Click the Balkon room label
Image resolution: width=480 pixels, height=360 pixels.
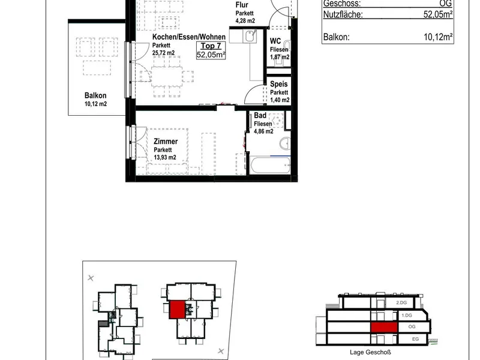point(95,95)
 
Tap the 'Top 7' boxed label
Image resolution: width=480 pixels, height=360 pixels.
point(211,46)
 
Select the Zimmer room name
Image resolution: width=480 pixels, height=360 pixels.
point(166,142)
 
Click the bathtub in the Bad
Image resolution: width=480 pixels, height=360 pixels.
point(271,166)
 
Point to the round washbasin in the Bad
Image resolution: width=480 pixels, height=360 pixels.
point(285,143)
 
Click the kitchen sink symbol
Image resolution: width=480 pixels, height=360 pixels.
point(250,37)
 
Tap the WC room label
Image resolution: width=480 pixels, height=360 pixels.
point(275,41)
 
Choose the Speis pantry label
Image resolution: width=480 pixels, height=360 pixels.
point(279,84)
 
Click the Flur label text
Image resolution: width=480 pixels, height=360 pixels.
point(242,5)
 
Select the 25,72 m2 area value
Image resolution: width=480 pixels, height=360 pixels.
point(163,53)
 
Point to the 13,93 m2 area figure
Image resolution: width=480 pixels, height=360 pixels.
point(165,157)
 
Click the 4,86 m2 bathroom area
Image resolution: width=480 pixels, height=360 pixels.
point(263,131)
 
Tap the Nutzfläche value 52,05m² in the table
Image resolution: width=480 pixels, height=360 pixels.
point(438,14)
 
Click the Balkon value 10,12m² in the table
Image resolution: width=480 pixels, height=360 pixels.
point(438,37)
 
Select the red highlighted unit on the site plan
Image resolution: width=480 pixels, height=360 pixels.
point(177,310)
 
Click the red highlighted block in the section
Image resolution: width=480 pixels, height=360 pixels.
point(384,327)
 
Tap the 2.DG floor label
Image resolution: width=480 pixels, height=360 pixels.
point(401,302)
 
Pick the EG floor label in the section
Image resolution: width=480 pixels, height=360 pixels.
point(415,339)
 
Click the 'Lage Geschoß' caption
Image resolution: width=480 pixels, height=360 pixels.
point(370,352)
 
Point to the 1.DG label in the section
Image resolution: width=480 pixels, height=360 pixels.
point(407,315)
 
